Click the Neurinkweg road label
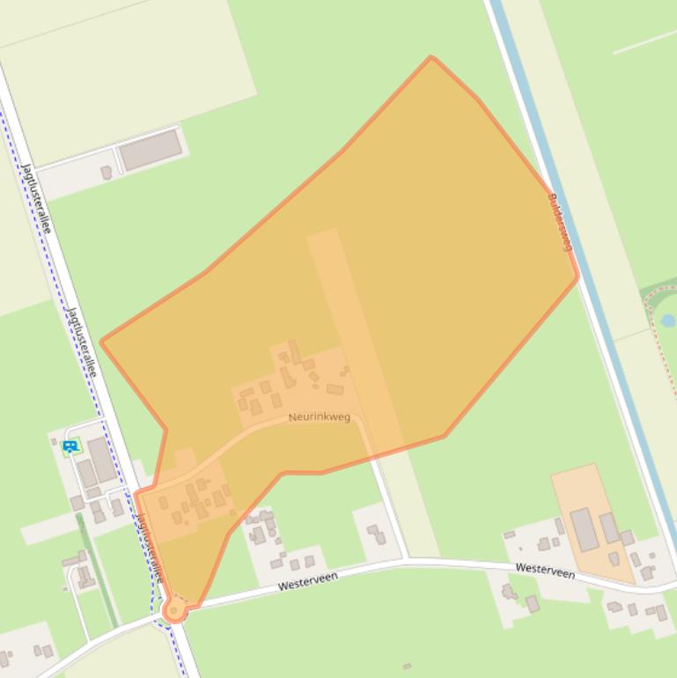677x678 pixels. coord(319,416)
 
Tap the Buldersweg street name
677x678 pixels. coord(560,223)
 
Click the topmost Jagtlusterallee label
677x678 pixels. coord(36,198)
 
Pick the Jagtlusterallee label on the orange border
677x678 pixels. coord(150,547)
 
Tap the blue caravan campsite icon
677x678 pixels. coord(70,446)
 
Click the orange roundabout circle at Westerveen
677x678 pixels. coord(174,609)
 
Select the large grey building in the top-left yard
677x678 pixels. coord(151,151)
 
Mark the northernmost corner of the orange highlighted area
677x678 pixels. coord(431,58)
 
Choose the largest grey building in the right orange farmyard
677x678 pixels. coord(584,529)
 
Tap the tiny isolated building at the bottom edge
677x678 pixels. coord(407,667)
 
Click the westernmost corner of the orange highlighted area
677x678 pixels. coord(102,342)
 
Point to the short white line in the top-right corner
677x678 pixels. coord(644,41)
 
